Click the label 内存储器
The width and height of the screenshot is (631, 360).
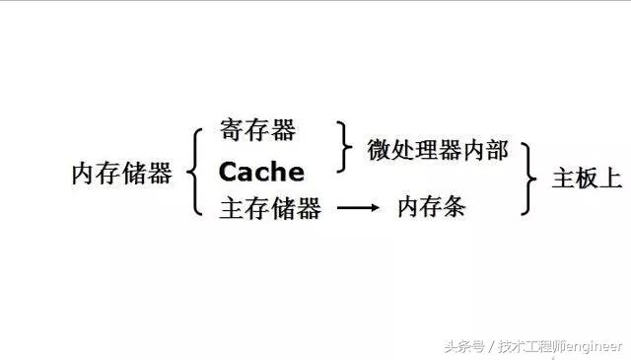(121, 175)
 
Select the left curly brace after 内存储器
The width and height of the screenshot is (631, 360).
(195, 173)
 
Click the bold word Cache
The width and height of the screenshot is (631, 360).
(261, 173)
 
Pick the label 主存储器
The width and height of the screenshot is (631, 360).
(269, 209)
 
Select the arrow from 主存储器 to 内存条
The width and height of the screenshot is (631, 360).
(358, 209)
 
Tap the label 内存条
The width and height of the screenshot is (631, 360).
(431, 208)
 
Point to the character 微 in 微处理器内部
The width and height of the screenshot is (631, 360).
(380, 150)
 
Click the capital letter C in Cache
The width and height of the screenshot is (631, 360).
(229, 173)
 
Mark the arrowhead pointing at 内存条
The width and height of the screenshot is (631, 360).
(376, 209)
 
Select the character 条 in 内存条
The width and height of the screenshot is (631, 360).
(454, 208)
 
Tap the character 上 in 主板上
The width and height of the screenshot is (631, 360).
(610, 179)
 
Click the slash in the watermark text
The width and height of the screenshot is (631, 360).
(489, 346)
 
